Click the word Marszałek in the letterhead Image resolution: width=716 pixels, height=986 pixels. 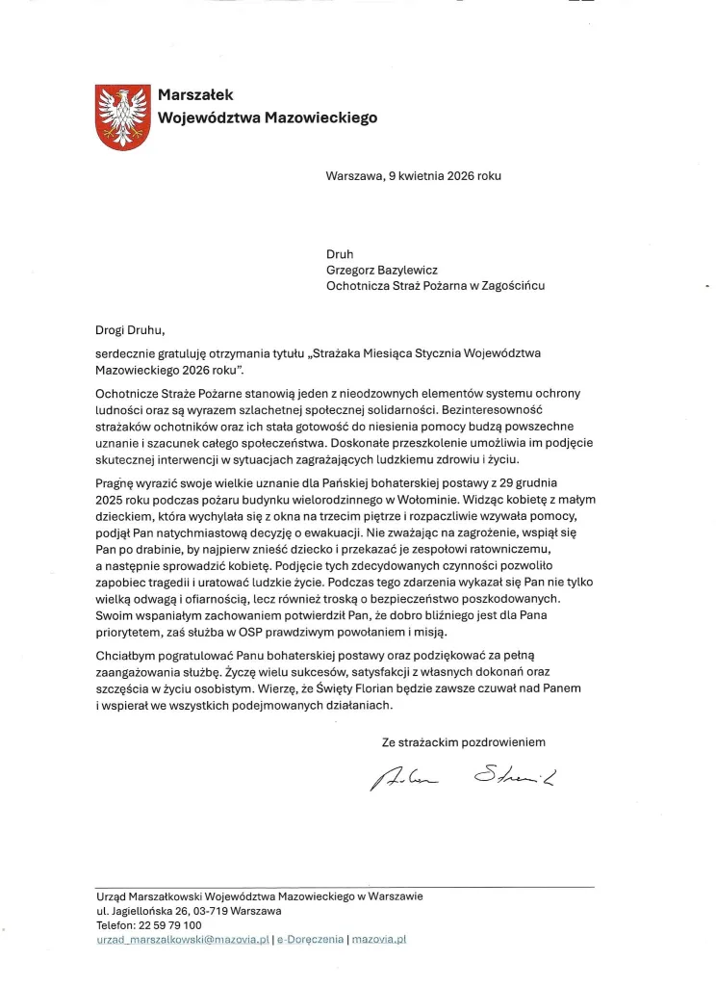coord(196,94)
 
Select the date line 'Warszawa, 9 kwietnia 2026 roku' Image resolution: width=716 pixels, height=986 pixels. coord(413,176)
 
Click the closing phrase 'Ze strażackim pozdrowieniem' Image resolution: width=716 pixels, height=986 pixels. coord(464,742)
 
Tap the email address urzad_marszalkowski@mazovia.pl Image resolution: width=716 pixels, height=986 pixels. coord(183,939)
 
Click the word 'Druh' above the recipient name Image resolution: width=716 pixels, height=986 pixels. coord(341,255)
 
